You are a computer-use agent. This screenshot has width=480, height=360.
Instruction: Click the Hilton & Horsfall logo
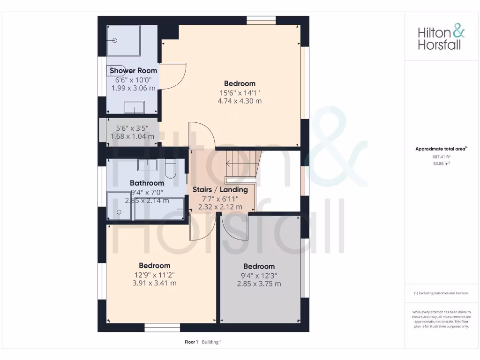pos(441,38)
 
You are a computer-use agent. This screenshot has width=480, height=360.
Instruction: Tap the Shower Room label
pos(133,70)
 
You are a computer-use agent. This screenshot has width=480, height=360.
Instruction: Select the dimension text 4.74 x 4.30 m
pos(240,101)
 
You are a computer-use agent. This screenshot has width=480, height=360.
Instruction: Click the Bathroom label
pos(147,183)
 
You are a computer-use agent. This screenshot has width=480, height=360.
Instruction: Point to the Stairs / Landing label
pos(220,190)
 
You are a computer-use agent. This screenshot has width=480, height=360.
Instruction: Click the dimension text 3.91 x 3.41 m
pos(154,283)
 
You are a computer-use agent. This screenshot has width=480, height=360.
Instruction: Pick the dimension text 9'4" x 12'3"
pos(259,276)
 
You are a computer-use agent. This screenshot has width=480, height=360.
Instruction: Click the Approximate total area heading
pos(441,149)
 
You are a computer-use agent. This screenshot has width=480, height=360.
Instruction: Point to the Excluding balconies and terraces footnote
pos(441,293)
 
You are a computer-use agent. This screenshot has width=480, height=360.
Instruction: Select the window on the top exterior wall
pos(261,20)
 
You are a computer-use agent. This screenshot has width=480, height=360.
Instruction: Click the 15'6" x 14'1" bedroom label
pos(240,92)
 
